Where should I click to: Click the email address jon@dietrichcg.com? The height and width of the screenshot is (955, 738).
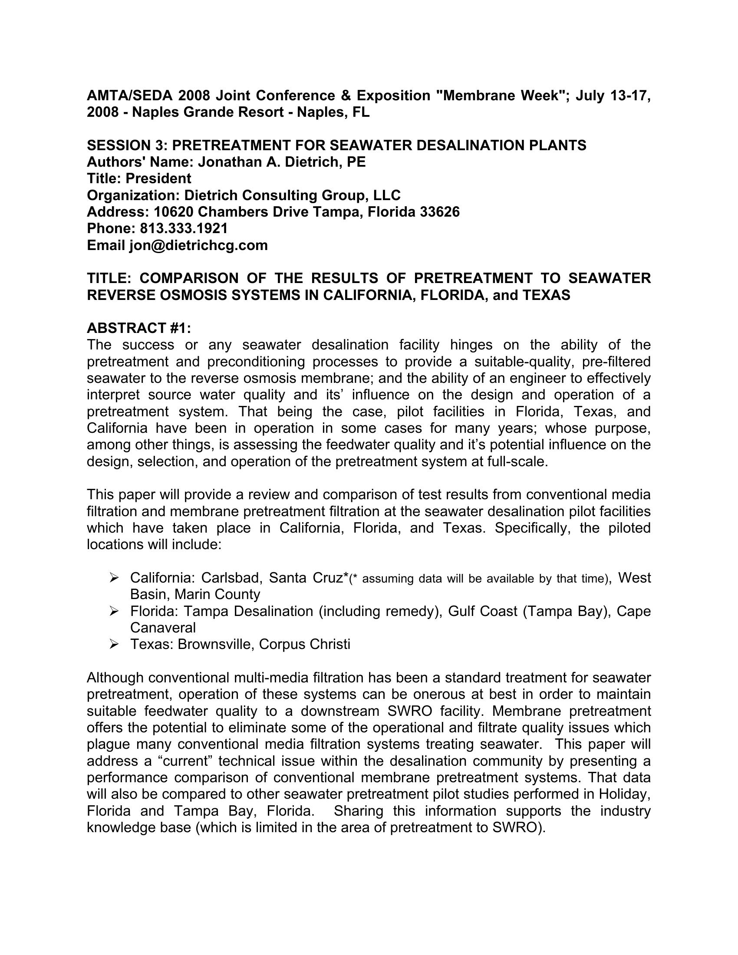[x=198, y=245]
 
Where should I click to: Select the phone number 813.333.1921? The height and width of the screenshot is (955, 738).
[x=184, y=229]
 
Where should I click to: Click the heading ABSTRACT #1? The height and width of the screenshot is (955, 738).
[x=139, y=328]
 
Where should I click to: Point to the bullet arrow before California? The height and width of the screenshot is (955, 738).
[x=115, y=578]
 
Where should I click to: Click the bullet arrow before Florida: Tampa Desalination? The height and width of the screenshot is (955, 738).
[x=115, y=611]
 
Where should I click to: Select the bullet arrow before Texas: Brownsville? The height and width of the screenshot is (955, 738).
[x=115, y=645]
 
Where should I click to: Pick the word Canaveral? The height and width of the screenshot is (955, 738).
[x=163, y=628]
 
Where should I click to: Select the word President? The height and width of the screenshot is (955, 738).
[x=158, y=179]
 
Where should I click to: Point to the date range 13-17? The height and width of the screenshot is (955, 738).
[x=630, y=96]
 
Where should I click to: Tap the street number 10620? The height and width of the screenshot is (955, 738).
[x=174, y=212]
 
